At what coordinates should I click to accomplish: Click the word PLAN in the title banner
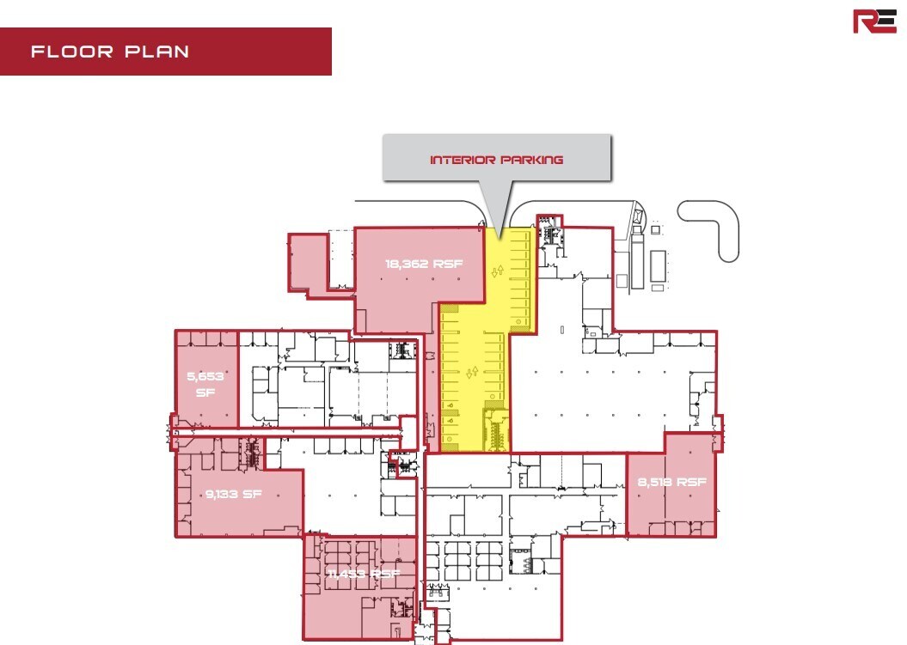[156, 52]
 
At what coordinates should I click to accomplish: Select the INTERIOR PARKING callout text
[496, 160]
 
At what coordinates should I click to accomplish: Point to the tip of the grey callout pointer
[497, 230]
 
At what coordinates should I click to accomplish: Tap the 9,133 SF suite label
[232, 494]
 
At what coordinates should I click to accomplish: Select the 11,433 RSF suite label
[364, 574]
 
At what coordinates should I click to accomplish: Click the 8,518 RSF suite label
[671, 483]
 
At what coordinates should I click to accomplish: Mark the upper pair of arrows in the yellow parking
[498, 271]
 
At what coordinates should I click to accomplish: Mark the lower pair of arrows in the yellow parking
[470, 372]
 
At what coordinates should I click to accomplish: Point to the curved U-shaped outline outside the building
[711, 227]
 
